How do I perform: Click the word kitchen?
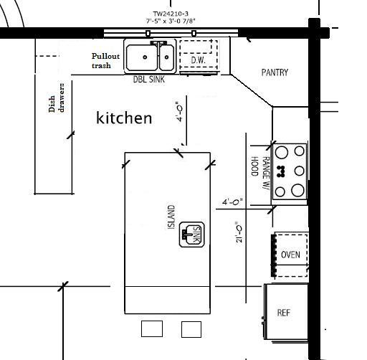click(x=124, y=118)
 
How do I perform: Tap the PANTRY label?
click(x=275, y=72)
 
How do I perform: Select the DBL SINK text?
click(x=148, y=79)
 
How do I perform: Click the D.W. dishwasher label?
click(x=198, y=60)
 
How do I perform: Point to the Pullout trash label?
click(x=105, y=61)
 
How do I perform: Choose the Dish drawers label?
click(x=57, y=98)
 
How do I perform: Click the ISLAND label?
click(x=171, y=217)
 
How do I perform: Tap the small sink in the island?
click(x=192, y=235)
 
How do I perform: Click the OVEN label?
click(x=290, y=255)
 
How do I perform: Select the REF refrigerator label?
click(x=284, y=313)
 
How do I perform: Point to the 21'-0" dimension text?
click(x=239, y=232)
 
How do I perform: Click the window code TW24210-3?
click(x=171, y=14)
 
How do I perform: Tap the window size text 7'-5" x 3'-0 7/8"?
click(x=171, y=21)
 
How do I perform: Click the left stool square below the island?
click(x=152, y=329)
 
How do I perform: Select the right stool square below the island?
click(x=191, y=329)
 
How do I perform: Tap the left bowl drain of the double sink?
click(x=145, y=57)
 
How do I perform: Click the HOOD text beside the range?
click(x=254, y=166)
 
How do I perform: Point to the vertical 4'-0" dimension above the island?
click(x=179, y=112)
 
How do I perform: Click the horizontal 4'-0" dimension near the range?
click(x=232, y=202)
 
